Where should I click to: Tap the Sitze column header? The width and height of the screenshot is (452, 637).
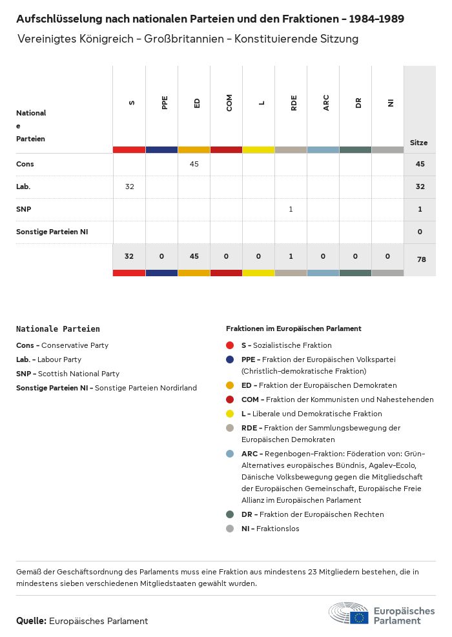pyautogui.click(x=419, y=143)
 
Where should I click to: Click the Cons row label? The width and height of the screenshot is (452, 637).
pyautogui.click(x=25, y=164)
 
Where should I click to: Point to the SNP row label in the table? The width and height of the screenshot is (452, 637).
pyautogui.click(x=23, y=209)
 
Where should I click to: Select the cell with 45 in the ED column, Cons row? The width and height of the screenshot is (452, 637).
pyautogui.click(x=194, y=164)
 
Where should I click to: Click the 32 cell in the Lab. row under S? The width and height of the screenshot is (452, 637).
pyautogui.click(x=129, y=187)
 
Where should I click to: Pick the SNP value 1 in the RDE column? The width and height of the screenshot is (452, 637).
pyautogui.click(x=291, y=209)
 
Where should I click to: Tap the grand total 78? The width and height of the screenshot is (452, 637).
pyautogui.click(x=420, y=259)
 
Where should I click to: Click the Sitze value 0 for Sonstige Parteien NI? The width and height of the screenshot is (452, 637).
pyautogui.click(x=420, y=232)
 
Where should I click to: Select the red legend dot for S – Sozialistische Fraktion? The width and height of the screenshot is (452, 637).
pyautogui.click(x=230, y=345)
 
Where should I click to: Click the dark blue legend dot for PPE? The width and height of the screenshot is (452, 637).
pyautogui.click(x=230, y=359)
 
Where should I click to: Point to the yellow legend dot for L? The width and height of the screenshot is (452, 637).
pyautogui.click(x=230, y=414)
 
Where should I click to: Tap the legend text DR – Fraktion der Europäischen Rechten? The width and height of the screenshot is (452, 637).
pyautogui.click(x=313, y=514)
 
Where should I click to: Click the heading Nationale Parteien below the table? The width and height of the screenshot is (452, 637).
pyautogui.click(x=58, y=329)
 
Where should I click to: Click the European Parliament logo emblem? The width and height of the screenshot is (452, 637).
pyautogui.click(x=349, y=614)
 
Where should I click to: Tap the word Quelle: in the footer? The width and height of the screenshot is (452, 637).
pyautogui.click(x=31, y=621)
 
